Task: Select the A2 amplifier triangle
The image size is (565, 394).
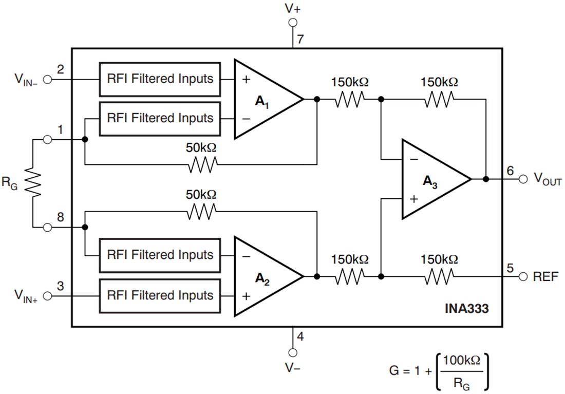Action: coord(265,276)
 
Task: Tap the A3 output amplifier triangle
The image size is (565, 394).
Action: coord(431,179)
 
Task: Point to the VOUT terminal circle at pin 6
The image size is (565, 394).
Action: coord(523,179)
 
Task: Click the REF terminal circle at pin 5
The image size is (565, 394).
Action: coord(523,276)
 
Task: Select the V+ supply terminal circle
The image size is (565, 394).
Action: coord(293,22)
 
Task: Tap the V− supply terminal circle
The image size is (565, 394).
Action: coord(293,352)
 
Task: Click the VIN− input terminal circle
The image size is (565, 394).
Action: coord(48,79)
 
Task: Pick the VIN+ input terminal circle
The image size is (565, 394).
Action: coord(48,296)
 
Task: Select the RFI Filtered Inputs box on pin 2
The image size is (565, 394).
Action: coord(160,79)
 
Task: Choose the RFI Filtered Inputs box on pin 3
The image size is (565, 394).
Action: coord(160,296)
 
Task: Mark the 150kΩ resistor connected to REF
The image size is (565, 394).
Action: coord(439,276)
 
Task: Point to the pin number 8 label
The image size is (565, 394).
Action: coord(60,217)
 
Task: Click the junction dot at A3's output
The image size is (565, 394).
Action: coord(485,179)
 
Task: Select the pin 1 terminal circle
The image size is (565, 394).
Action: coord(48,140)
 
